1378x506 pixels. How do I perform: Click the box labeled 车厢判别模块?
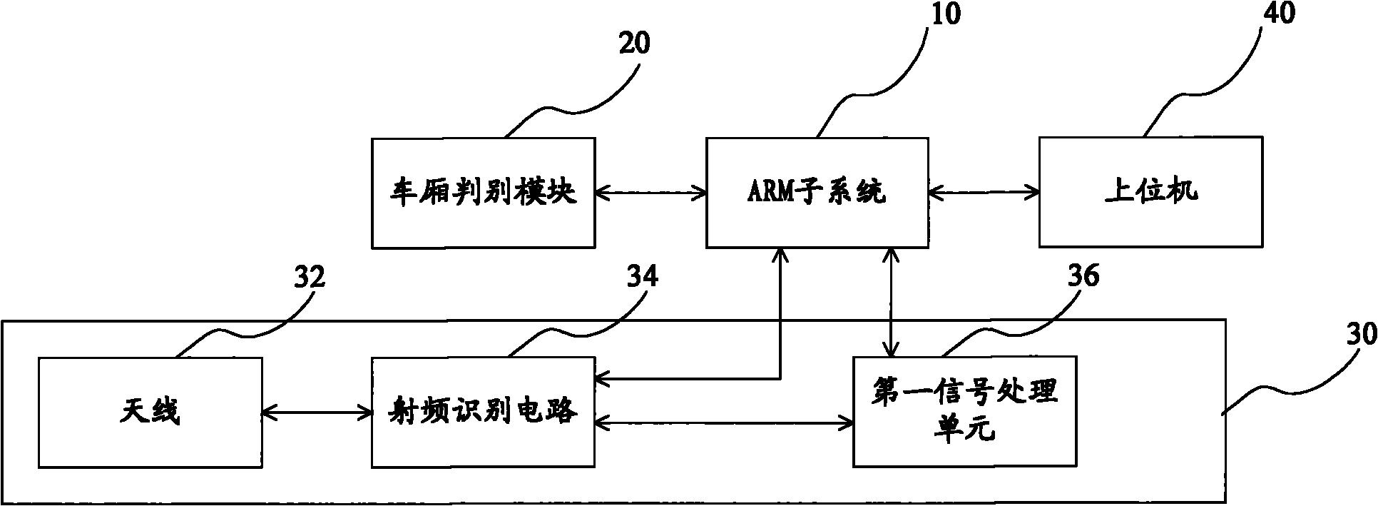point(483,193)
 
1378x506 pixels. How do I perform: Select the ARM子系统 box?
point(817,193)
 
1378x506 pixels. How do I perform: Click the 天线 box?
point(150,413)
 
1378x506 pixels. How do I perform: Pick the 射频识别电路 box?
point(483,413)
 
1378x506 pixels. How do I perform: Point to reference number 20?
point(633,44)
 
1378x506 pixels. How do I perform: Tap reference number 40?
point(1278,13)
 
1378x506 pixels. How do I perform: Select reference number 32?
point(309,277)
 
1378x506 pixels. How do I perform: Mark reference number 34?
point(642,277)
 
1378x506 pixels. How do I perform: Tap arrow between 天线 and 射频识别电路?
point(317,412)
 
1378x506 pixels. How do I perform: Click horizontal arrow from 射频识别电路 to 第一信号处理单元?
point(724,423)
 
